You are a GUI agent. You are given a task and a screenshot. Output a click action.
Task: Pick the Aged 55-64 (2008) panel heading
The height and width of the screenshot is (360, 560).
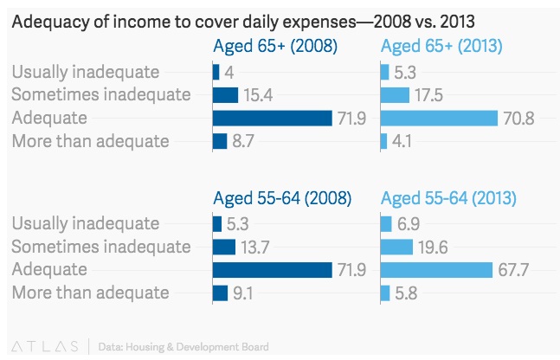282,198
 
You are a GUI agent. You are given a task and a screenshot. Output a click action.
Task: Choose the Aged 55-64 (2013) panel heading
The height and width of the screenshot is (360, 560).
449,198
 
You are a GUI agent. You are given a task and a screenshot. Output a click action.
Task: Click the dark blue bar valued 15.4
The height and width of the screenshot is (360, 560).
225,95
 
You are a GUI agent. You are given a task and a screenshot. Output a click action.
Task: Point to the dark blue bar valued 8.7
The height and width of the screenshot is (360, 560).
219,140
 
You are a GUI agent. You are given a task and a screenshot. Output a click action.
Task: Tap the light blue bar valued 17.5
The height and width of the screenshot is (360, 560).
395,95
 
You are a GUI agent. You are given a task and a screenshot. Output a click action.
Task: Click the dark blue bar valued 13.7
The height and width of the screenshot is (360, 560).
223,247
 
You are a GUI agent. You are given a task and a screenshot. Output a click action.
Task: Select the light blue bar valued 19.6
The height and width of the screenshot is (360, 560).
396,247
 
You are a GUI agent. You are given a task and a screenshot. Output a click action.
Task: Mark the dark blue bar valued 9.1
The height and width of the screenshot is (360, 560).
220,292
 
